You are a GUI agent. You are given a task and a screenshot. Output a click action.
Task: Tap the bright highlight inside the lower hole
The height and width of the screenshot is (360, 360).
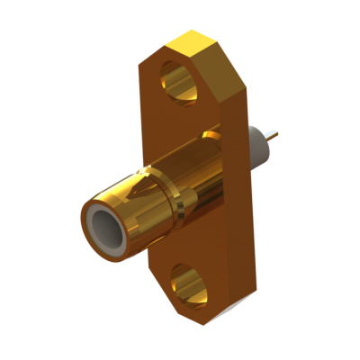(180, 289)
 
